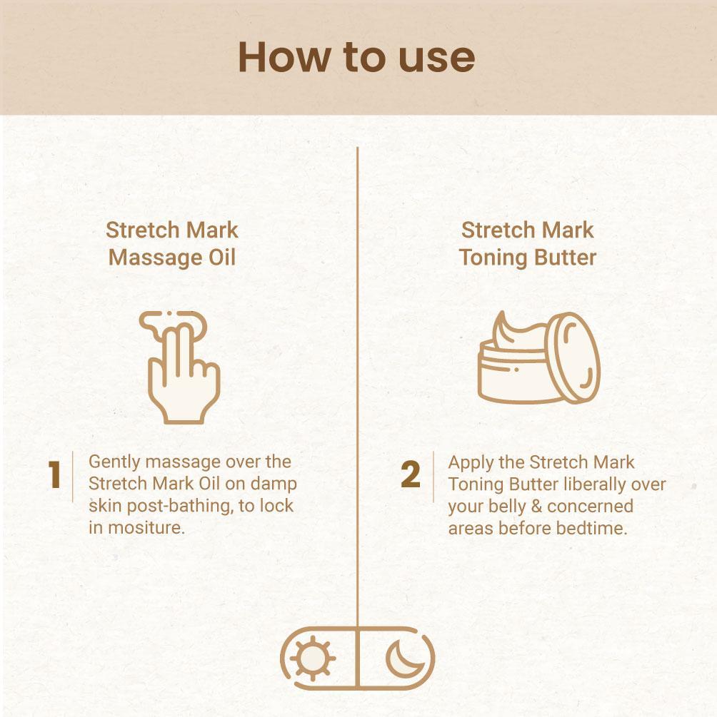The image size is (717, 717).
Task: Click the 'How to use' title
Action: [x=356, y=57]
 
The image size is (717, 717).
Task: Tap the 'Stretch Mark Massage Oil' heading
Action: [x=171, y=243]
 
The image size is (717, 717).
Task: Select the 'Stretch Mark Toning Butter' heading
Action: [x=528, y=243]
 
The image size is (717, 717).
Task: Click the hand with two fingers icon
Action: [x=180, y=367]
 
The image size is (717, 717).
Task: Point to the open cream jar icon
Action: [x=538, y=357]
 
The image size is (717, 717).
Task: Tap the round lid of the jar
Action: [x=573, y=357]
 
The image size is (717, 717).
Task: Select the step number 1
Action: [x=55, y=474]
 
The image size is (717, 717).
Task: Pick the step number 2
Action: [x=410, y=474]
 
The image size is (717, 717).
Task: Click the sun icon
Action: [x=313, y=658]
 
